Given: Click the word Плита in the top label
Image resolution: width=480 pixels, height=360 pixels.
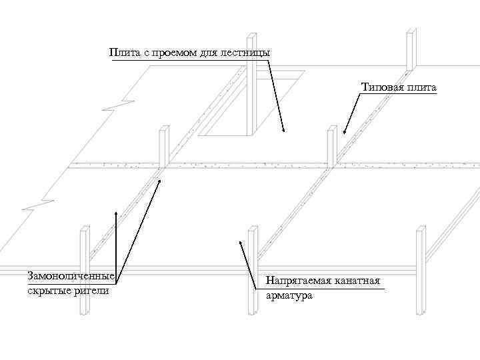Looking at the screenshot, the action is click(x=124, y=53).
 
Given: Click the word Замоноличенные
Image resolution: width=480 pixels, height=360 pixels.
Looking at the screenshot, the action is click(x=71, y=276).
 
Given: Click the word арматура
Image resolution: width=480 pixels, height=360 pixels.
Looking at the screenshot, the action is click(x=289, y=295).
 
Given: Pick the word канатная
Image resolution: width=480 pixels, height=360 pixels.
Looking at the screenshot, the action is click(x=359, y=280).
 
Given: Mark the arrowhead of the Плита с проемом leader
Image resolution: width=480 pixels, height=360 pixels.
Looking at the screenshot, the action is click(x=283, y=131).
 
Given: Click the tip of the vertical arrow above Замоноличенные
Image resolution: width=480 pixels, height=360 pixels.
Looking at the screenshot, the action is click(x=116, y=211).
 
